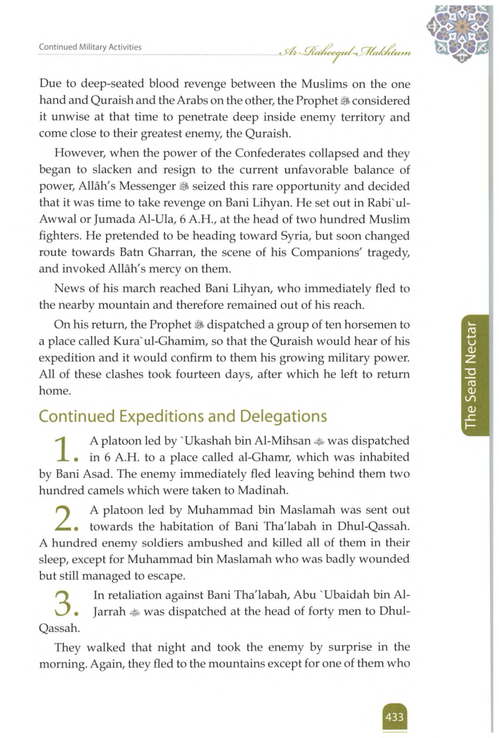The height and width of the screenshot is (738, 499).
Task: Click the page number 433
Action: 394,717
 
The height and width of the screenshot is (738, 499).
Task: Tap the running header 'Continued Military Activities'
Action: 90,47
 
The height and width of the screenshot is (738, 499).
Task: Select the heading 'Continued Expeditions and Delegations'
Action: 182,416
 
